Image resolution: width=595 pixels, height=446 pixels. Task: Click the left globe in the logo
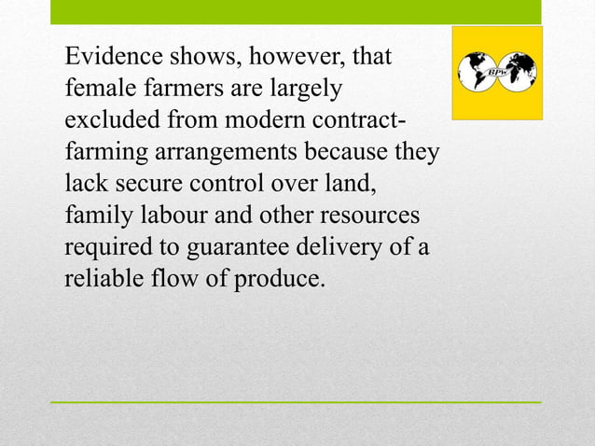tap(477, 72)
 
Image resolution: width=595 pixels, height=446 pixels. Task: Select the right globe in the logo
tap(519, 72)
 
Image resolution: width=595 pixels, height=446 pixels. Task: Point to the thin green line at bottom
tap(296, 402)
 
